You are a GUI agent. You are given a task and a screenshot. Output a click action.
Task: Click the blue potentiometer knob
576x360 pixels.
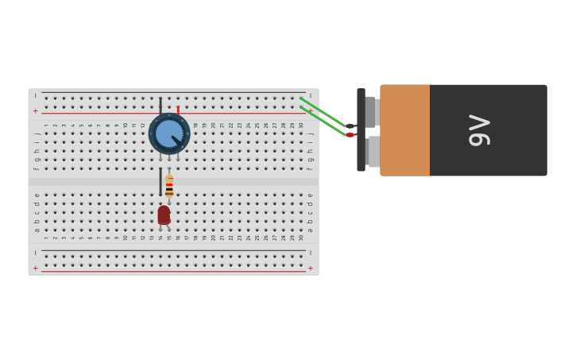(168, 134)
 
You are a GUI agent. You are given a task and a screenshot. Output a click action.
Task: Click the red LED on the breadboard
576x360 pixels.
(164, 215)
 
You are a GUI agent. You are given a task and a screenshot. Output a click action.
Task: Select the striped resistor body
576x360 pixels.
(169, 188)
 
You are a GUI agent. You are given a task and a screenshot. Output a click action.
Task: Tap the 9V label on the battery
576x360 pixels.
(479, 130)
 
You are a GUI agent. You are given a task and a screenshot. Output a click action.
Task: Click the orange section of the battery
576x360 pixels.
(405, 130)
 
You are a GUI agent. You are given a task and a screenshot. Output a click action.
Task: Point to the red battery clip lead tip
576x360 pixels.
(350, 135)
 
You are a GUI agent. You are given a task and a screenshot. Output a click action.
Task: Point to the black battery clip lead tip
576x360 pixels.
(350, 126)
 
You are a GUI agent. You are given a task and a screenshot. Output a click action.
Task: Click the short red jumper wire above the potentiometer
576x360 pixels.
(178, 110)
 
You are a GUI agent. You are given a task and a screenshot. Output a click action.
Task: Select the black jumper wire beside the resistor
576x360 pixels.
(160, 181)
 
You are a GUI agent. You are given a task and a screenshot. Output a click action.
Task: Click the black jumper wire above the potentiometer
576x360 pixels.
(160, 106)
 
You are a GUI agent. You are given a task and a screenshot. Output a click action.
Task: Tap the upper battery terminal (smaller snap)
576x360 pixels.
(370, 112)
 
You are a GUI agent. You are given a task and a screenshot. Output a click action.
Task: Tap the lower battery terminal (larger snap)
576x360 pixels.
(373, 151)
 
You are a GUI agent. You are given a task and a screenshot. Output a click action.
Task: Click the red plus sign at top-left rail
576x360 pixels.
(35, 111)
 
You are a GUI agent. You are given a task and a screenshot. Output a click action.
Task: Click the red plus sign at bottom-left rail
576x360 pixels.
(35, 269)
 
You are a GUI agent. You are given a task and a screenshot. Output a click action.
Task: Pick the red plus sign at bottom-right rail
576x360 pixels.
(311, 269)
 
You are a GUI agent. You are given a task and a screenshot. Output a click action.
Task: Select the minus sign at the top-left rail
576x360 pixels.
(35, 95)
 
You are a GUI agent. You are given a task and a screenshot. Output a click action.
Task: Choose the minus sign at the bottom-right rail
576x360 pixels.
(311, 254)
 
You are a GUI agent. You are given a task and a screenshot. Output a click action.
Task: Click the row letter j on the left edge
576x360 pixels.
(37, 134)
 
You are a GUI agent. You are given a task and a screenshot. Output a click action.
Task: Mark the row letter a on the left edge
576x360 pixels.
(37, 230)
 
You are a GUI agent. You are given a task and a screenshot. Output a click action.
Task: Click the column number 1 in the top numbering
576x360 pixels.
(46, 125)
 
